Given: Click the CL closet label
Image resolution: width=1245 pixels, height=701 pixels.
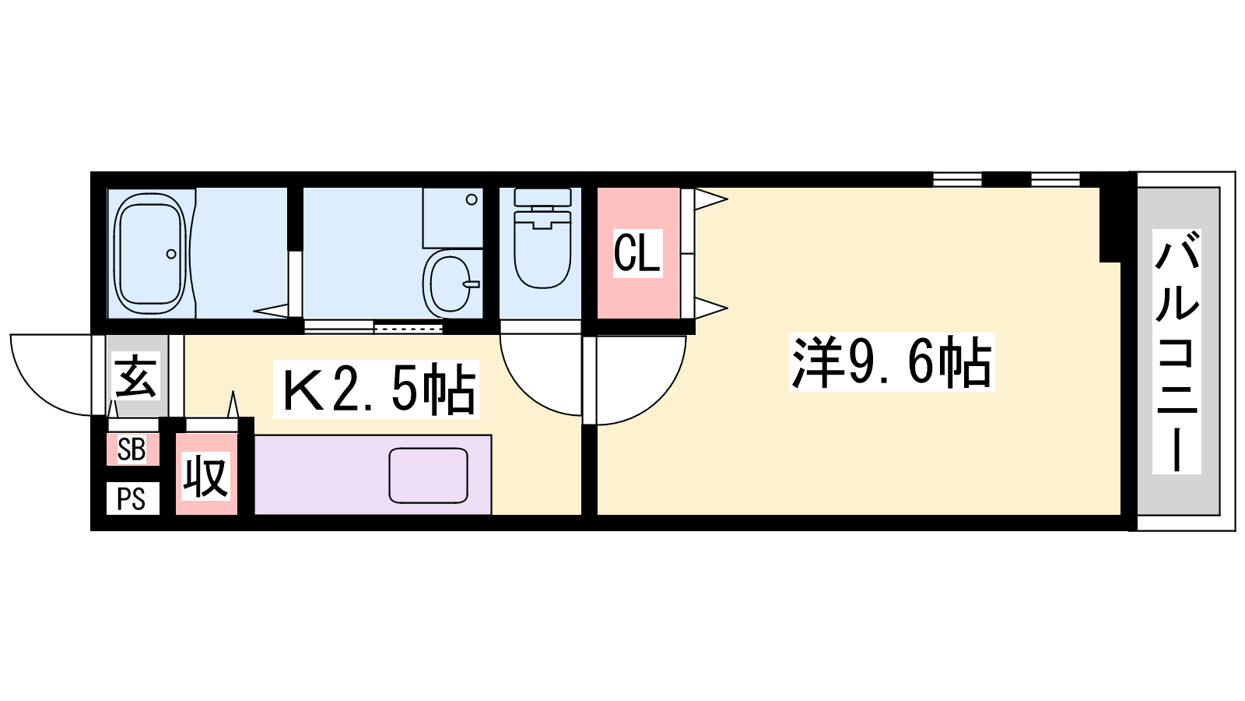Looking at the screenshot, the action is [637, 253].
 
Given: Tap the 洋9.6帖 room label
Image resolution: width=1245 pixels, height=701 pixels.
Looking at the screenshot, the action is [892, 362].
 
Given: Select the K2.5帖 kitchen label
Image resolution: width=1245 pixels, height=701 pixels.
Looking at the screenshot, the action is [377, 389].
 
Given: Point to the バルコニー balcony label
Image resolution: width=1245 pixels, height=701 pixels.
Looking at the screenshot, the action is [1176, 351].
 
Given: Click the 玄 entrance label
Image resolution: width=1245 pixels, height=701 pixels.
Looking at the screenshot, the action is [136, 375].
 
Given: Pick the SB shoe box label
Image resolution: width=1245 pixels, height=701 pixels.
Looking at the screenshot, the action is [132, 449].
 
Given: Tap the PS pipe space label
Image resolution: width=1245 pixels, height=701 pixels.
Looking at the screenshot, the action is [132, 499].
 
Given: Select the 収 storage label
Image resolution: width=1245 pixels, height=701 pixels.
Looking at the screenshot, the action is [206, 476].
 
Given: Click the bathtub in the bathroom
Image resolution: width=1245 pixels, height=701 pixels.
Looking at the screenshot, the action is [150, 254].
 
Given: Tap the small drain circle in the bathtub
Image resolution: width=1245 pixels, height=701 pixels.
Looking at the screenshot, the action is [171, 254].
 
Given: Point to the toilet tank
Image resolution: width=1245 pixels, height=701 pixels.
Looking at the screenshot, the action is [542, 197].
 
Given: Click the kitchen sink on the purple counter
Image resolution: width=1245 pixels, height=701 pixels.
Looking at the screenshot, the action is [428, 476].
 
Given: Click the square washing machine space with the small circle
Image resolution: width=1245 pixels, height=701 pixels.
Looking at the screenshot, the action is [452, 217].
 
